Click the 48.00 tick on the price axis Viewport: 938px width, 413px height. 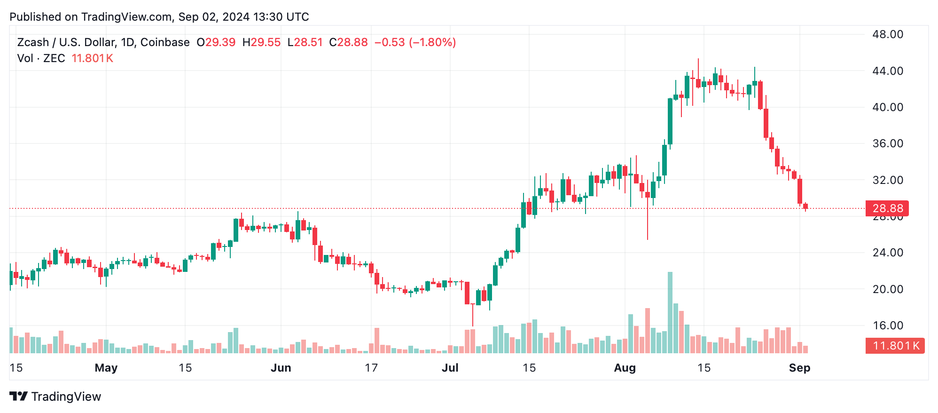click(x=887, y=34)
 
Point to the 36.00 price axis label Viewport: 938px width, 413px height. click(x=887, y=143)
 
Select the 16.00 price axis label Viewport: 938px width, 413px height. click(x=887, y=326)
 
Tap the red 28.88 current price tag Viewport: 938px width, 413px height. click(x=887, y=208)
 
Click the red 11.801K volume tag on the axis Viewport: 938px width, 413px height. click(x=895, y=346)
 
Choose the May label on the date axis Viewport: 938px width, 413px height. click(x=106, y=368)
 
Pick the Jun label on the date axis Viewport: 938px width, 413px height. click(x=281, y=368)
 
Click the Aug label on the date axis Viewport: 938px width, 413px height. click(x=625, y=368)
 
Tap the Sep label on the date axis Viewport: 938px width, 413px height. click(x=799, y=368)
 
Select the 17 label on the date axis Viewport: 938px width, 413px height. click(x=371, y=368)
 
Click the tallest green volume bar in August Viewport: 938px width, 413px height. click(x=670, y=313)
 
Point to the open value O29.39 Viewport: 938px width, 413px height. click(x=216, y=42)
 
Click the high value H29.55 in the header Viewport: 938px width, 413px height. click(x=261, y=42)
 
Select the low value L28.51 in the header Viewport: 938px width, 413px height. click(x=305, y=42)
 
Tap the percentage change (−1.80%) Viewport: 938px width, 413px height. click(x=432, y=42)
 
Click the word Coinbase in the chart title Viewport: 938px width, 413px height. click(x=165, y=42)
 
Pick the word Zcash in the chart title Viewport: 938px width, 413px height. click(x=33, y=42)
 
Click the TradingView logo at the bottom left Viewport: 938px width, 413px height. click(x=55, y=397)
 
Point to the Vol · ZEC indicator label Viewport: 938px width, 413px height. click(x=41, y=58)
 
